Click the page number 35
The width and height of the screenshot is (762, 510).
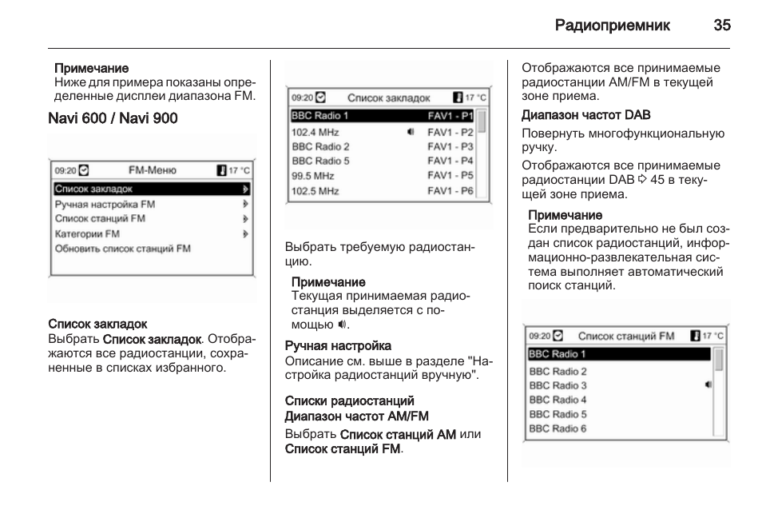coord(721,25)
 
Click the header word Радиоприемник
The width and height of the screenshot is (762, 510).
coord(613,25)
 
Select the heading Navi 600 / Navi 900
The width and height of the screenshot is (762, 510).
coord(113,118)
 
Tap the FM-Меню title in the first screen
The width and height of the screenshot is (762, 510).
coord(153,170)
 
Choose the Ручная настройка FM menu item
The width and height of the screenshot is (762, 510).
coord(105,204)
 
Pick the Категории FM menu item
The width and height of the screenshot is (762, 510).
coord(87,233)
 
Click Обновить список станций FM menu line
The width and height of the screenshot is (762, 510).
coord(122,249)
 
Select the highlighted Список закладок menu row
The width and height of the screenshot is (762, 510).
coord(152,189)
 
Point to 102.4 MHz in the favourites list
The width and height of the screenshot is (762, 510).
coord(315,132)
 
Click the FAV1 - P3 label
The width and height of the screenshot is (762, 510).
coord(450,146)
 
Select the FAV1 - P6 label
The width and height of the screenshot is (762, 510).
coord(450,191)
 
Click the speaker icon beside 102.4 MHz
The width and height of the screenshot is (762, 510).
coord(411,132)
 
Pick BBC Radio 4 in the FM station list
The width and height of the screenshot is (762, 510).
coord(558,400)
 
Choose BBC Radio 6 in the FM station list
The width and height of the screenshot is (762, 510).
coord(558,428)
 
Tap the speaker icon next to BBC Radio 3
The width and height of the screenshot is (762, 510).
coord(708,385)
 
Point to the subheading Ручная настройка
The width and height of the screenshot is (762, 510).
coord(339,346)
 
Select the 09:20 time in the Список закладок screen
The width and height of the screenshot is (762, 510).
coord(302,98)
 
